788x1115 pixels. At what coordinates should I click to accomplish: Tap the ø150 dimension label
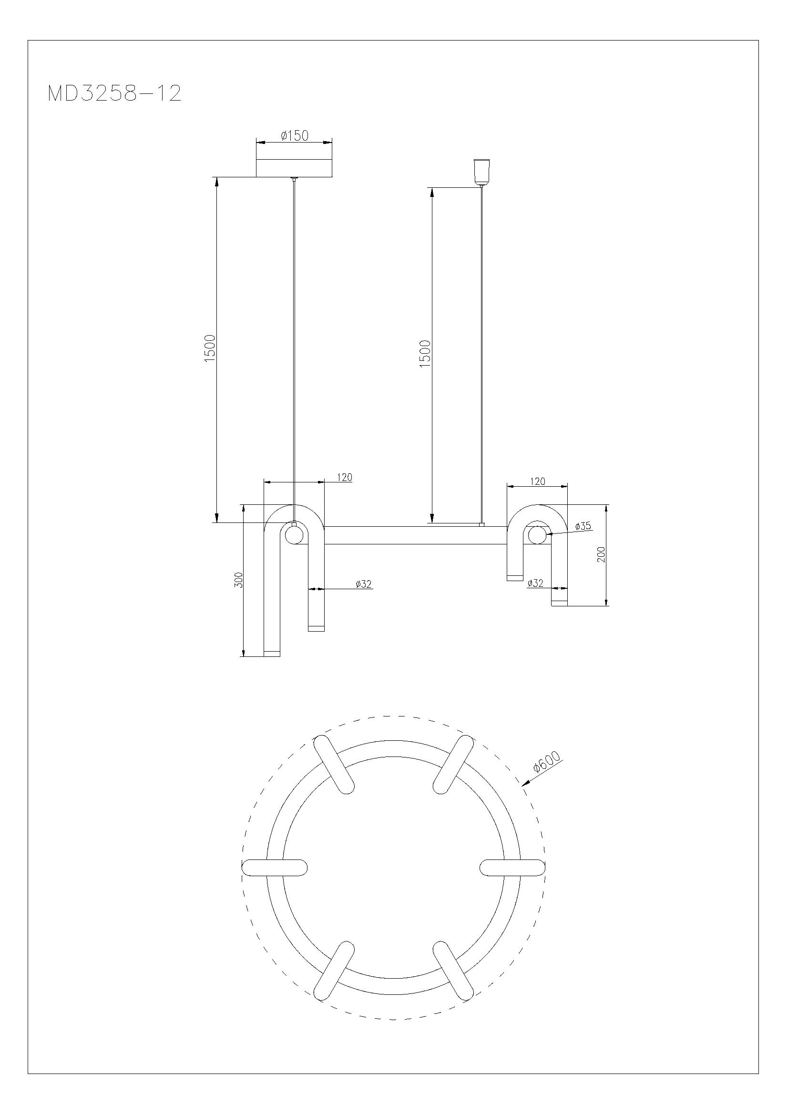(294, 135)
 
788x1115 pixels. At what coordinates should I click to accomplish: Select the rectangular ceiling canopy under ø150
(294, 167)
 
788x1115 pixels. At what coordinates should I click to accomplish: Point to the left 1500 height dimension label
(209, 348)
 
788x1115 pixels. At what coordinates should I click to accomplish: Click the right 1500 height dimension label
(425, 354)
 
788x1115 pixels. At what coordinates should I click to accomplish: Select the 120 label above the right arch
(537, 481)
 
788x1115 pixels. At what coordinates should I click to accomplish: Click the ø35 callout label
(583, 526)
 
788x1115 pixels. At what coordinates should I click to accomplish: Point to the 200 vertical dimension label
(601, 554)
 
